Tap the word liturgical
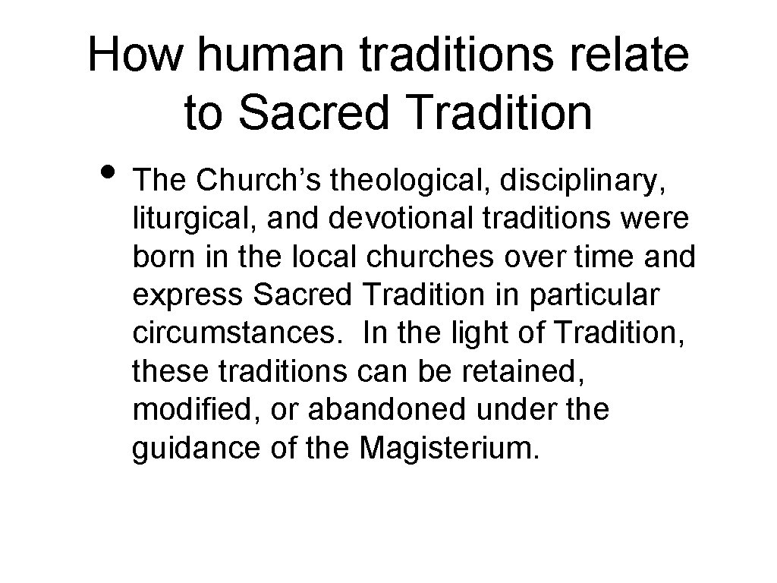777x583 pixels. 187,219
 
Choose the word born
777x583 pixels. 160,257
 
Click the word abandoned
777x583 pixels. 398,410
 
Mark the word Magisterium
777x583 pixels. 450,448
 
